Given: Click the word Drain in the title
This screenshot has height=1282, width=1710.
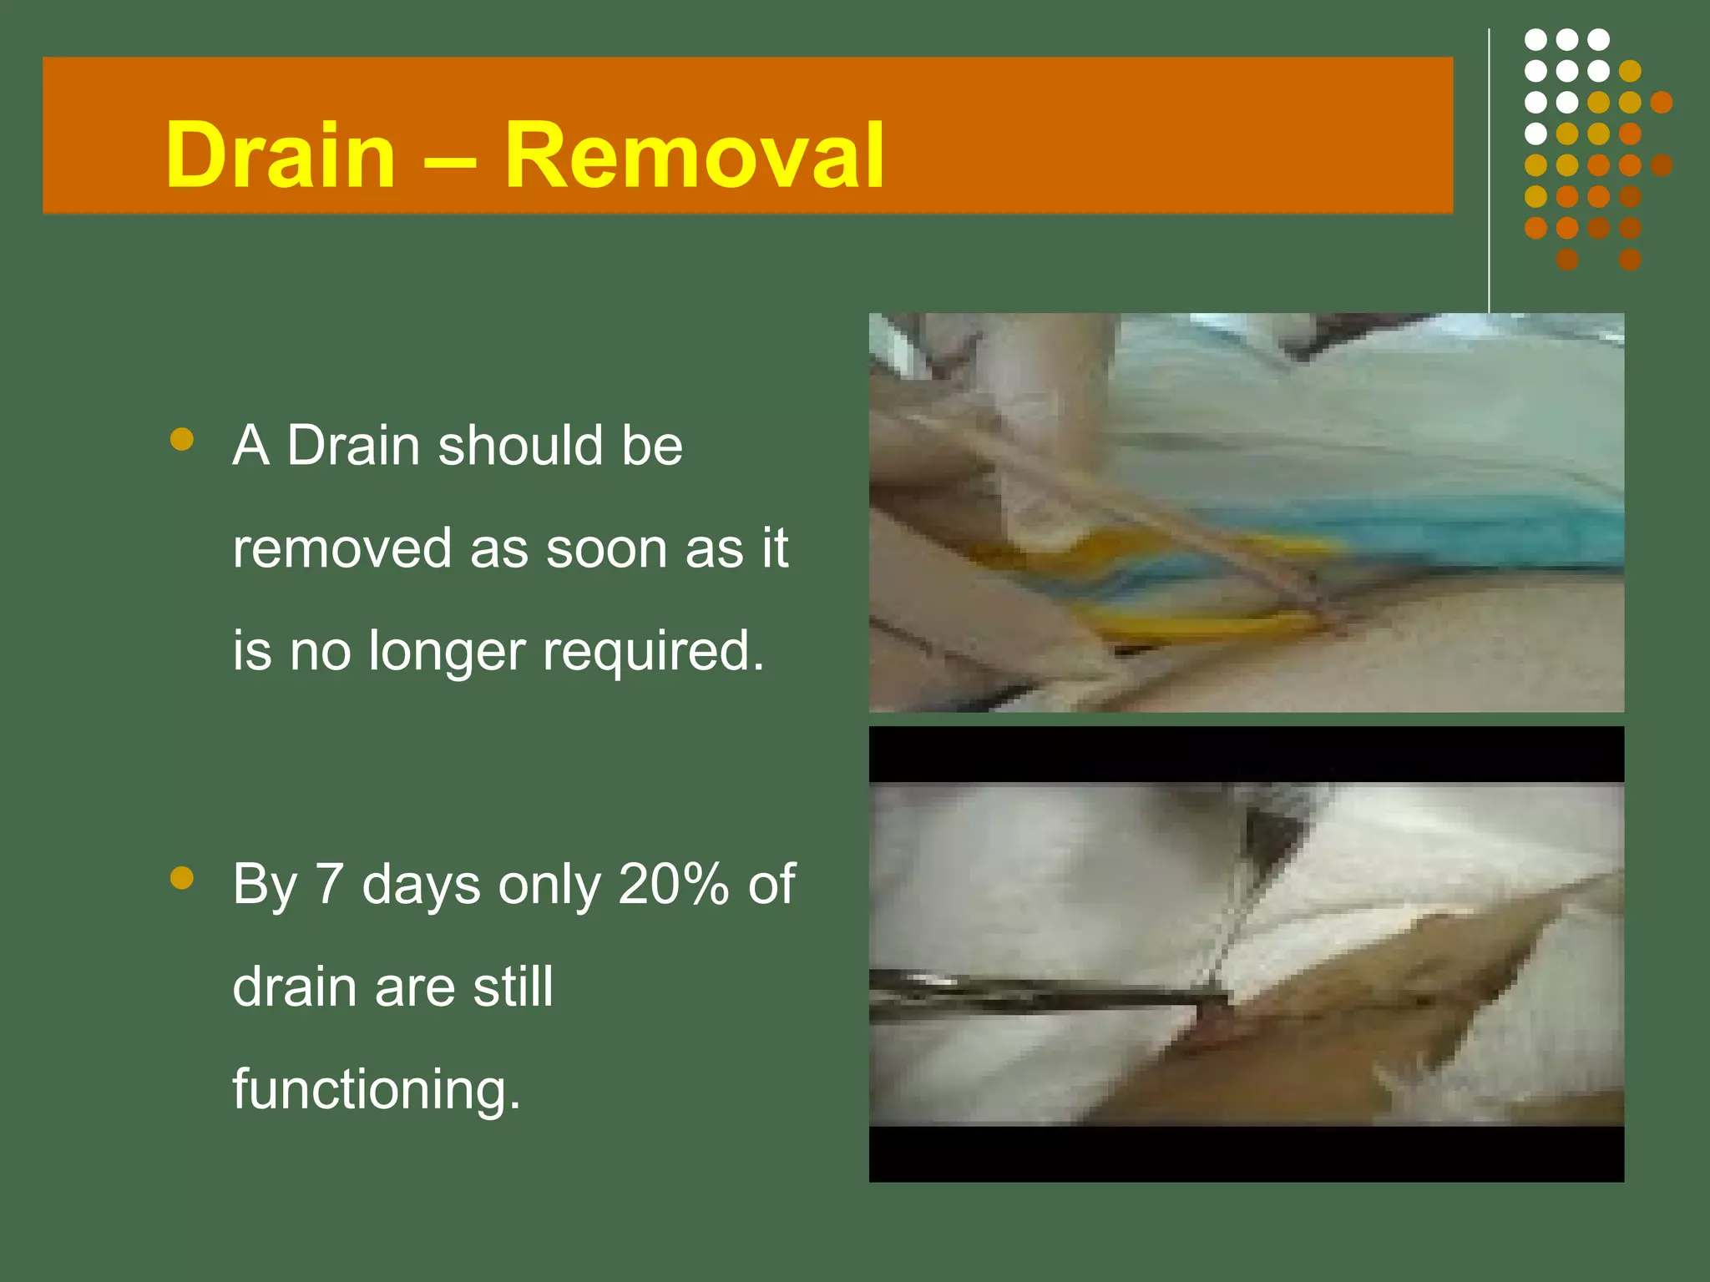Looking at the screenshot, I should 280,156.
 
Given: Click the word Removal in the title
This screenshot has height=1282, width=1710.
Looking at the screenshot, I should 693,156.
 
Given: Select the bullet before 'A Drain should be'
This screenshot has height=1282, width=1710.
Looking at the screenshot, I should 181,439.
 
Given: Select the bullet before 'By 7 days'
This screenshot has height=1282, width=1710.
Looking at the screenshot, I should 181,877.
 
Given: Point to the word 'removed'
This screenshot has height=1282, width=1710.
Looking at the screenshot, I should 342,548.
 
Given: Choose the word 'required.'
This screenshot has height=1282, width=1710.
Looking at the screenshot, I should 654,652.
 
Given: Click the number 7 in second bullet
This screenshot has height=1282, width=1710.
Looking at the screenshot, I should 329,884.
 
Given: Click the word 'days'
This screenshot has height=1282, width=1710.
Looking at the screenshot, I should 421,884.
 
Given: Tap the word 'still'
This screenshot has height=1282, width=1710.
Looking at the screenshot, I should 513,987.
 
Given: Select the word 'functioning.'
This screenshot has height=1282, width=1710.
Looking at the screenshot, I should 377,1090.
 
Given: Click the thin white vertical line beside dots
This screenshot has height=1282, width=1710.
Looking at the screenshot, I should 1489,167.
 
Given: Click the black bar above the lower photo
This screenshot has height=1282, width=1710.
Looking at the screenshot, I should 1246,754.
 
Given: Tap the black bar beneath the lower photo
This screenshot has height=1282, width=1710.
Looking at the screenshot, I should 1246,1153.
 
